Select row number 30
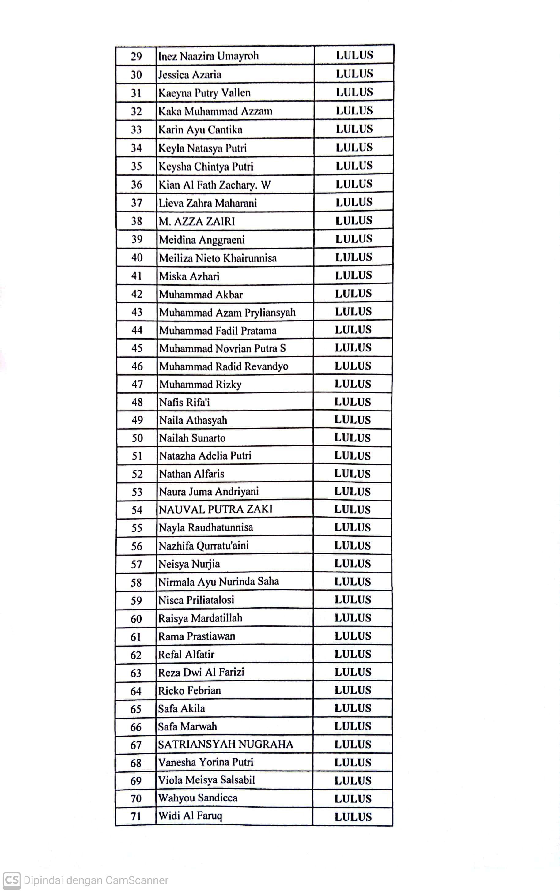coord(136,75)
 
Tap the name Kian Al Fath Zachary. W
coord(214,185)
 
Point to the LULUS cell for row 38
coord(354,220)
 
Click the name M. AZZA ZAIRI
coord(197,221)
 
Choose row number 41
coord(137,276)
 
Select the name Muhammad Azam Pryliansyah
coord(227,312)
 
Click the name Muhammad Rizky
coord(200,385)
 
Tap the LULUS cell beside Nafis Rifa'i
coord(353,402)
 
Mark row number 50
coord(137,438)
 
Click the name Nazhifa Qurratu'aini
coord(203,546)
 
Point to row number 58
coord(136,583)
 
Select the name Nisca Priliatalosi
coord(196,600)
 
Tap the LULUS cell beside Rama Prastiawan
coord(353,636)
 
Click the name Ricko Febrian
coord(189,691)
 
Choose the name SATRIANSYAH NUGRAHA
coord(225,744)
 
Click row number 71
coord(136,816)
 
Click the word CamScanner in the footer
coord(137,880)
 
